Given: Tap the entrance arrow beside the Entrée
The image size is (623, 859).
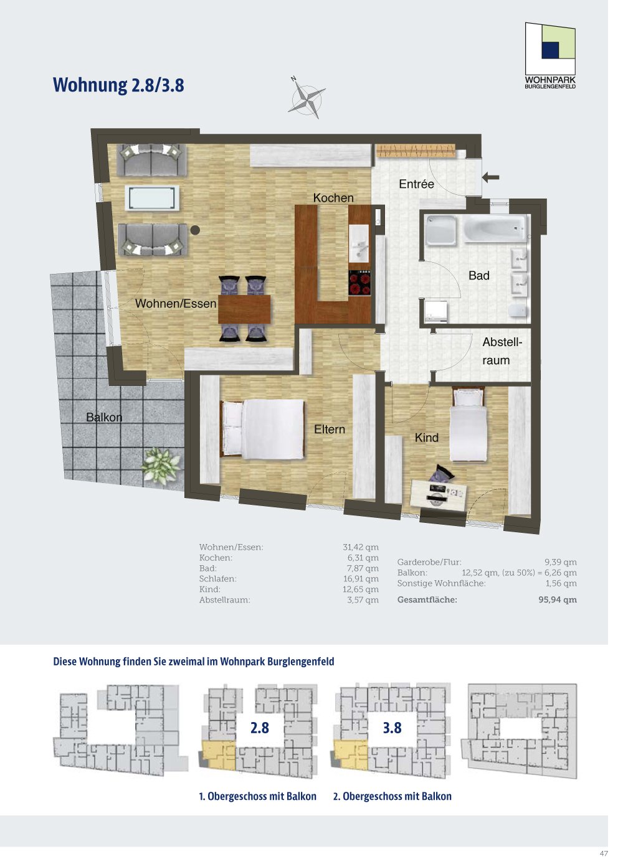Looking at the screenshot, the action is coord(490,177).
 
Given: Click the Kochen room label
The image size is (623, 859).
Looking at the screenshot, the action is coord(333,198).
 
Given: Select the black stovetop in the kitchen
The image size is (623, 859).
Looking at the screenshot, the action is coord(359,283).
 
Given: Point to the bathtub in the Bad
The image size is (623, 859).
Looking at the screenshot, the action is coord(495,229).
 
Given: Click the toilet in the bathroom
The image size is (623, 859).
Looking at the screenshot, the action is coord(518,310).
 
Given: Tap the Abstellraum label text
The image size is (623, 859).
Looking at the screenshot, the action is coord(502,351).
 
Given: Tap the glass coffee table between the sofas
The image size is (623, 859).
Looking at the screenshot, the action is coord(153,198).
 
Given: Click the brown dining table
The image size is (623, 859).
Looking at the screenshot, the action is coord(244,309).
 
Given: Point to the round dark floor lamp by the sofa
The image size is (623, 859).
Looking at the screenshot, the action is coord(195,230).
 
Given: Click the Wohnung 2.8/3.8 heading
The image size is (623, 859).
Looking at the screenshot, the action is coord(118,85).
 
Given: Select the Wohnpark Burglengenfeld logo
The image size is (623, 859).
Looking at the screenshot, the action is coord(550,55).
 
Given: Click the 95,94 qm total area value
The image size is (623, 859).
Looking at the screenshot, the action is coord(558,600).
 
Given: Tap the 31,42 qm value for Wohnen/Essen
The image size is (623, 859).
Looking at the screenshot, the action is coord(361,547).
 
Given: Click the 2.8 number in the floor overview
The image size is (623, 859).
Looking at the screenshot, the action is coord(260,728).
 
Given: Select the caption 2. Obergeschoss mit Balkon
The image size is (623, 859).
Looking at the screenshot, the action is coord(392,797).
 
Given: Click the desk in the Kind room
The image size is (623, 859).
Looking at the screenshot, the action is coord(439,496).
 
